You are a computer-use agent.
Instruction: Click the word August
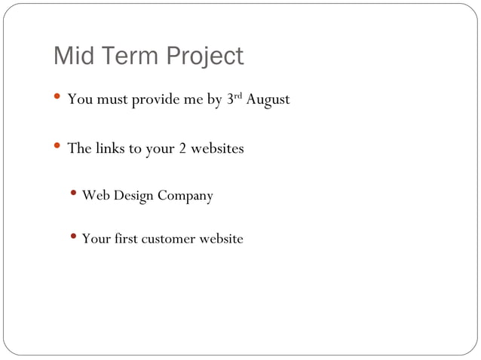(x=267, y=100)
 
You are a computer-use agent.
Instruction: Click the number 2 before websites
(x=182, y=148)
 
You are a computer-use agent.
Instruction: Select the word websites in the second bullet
(x=217, y=148)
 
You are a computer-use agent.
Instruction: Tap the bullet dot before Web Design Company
(x=74, y=195)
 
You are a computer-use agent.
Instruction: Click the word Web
(x=95, y=196)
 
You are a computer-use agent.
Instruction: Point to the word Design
(x=133, y=197)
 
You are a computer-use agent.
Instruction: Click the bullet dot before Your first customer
(x=74, y=238)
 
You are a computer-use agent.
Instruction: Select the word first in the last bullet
(x=125, y=239)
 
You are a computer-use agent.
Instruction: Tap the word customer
(x=170, y=239)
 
